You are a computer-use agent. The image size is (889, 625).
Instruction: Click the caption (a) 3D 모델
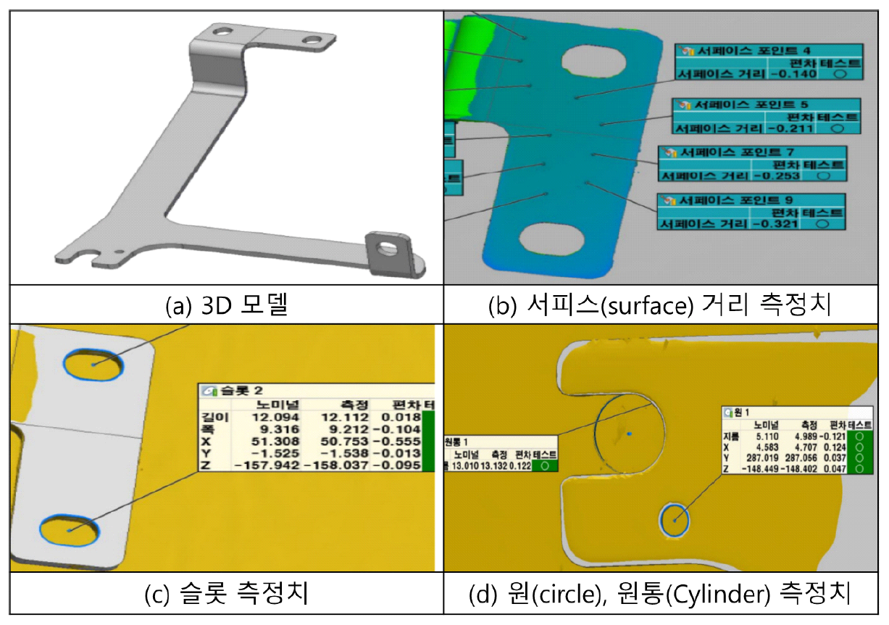(226, 305)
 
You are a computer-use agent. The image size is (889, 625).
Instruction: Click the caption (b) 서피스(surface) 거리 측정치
(665, 305)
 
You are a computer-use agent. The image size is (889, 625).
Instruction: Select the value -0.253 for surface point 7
(777, 175)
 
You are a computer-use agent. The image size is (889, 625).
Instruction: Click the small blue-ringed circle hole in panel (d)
(674, 520)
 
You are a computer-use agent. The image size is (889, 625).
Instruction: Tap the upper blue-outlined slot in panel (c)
(93, 365)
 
